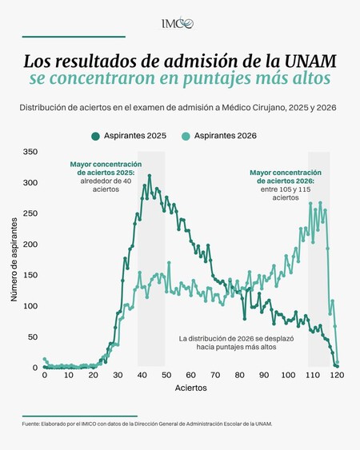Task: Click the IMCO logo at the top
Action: tap(178, 23)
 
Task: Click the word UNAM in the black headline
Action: tap(310, 61)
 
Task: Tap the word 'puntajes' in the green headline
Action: tap(216, 78)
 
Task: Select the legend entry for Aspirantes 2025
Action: tap(129, 136)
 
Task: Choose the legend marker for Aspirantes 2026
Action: tap(186, 136)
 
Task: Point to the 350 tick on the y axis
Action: tap(30, 152)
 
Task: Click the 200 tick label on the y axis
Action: tap(30, 245)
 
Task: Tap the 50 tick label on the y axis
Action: tap(33, 337)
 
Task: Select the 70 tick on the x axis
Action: tap(215, 375)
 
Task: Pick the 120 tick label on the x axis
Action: tap(337, 375)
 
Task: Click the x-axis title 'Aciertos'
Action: tap(190, 388)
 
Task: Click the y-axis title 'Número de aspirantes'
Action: tap(14, 260)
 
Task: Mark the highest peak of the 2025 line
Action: tap(150, 175)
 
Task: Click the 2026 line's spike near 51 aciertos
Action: tap(169, 262)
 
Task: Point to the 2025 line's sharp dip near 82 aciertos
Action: tap(245, 319)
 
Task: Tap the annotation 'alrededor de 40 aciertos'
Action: tap(106, 185)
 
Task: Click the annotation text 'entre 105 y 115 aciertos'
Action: tap(286, 193)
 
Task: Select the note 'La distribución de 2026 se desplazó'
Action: tap(236, 339)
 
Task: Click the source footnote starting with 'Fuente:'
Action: tap(147, 424)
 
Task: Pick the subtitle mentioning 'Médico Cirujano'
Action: tap(178, 108)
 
